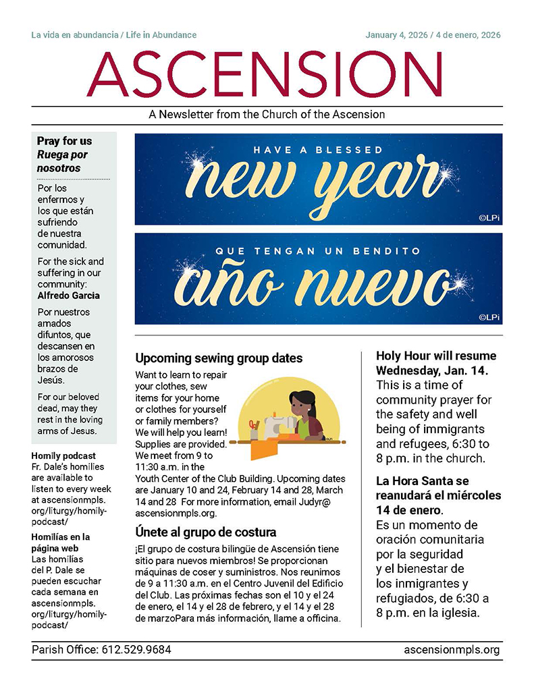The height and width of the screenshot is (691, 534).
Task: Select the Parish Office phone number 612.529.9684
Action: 136,650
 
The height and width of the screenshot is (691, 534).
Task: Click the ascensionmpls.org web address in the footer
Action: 452,650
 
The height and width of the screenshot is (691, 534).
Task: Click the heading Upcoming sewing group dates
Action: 219,358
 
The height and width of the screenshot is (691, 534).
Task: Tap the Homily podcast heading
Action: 63,455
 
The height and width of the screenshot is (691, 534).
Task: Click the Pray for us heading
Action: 64,141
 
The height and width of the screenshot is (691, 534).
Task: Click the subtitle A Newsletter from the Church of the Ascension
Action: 267,115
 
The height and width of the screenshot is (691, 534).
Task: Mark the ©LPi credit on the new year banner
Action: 488,217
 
